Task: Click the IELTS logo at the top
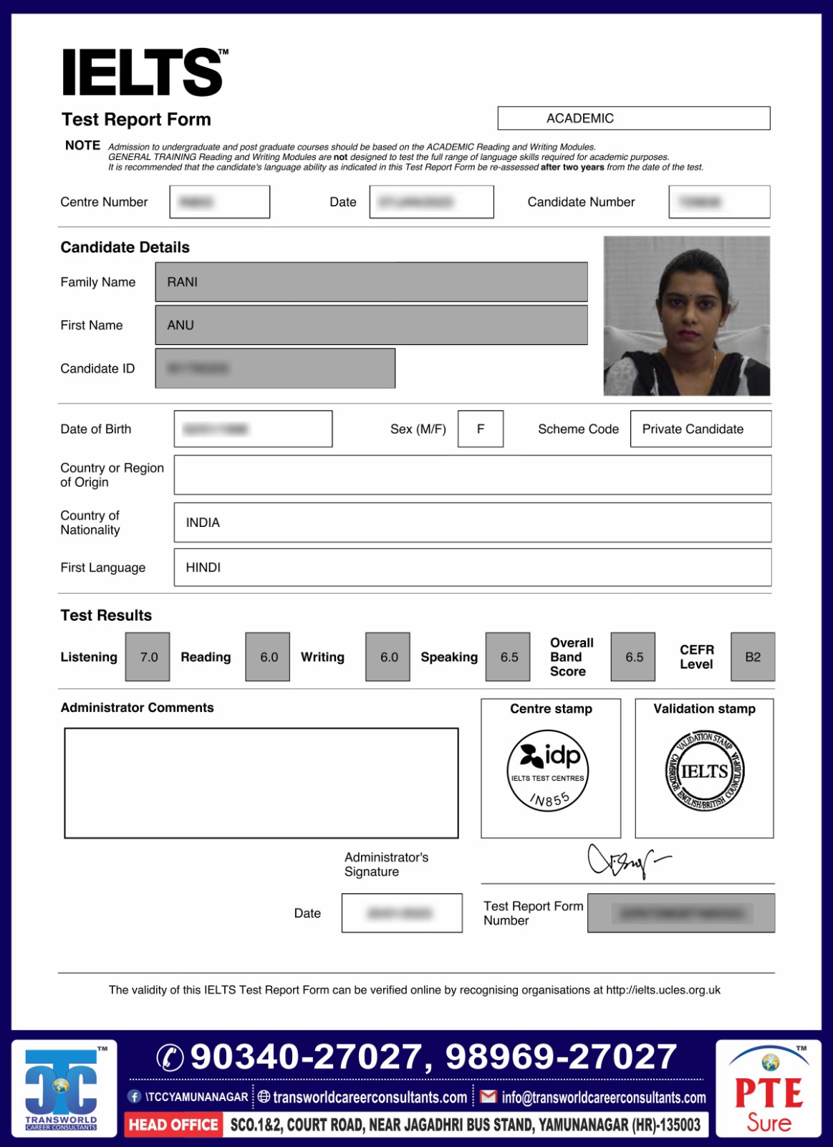[x=144, y=72]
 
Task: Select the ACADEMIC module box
[x=633, y=118]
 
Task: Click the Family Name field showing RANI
[x=371, y=282]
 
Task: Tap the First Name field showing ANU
[x=371, y=325]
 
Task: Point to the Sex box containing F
[x=480, y=429]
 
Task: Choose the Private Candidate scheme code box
[x=700, y=429]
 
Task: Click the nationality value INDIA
[x=203, y=523]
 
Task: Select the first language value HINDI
[x=203, y=567]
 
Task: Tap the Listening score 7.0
[x=148, y=657]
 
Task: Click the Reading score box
[x=268, y=657]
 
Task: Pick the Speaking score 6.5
[x=509, y=657]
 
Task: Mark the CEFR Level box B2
[x=753, y=657]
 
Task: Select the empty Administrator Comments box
[x=261, y=783]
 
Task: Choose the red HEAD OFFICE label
[x=173, y=1125]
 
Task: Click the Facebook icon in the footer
[x=134, y=1097]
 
